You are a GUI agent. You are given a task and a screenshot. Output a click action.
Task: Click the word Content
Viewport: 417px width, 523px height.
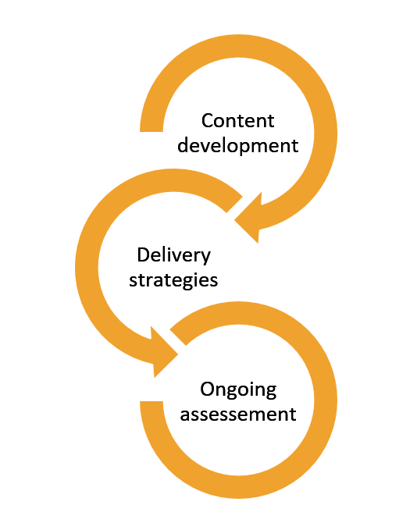click(238, 121)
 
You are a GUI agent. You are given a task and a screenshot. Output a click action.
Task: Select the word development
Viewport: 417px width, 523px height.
click(238, 145)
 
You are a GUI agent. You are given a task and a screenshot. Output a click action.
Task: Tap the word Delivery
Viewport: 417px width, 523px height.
click(173, 255)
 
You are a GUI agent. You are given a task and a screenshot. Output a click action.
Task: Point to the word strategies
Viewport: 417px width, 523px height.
click(173, 279)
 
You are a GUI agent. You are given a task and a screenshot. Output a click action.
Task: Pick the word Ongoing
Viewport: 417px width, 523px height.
click(238, 390)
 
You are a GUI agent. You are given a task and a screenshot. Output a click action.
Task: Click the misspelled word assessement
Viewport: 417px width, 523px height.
click(238, 414)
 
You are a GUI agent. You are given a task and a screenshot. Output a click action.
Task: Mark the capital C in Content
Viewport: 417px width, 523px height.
click(208, 121)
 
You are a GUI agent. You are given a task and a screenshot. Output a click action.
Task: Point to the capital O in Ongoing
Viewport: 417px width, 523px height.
click(207, 389)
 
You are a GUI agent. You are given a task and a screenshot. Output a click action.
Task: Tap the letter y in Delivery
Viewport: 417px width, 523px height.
click(206, 258)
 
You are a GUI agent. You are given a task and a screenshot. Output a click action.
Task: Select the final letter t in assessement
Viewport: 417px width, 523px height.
click(293, 413)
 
